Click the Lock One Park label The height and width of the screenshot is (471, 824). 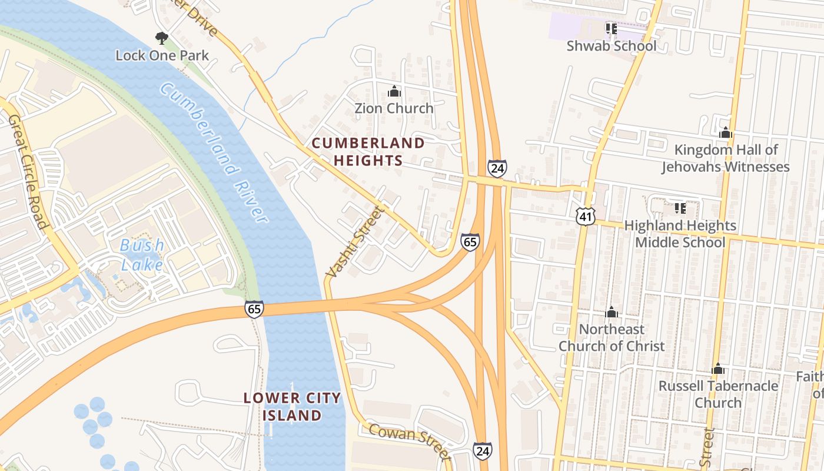click(162, 56)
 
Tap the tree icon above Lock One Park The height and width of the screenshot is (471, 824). click(161, 39)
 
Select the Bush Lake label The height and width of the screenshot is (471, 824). click(142, 255)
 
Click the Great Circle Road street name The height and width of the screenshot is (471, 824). click(28, 171)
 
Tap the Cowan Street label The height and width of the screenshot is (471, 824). click(410, 441)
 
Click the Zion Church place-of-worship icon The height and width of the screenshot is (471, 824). click(394, 92)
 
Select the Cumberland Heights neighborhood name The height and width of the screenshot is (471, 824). click(368, 152)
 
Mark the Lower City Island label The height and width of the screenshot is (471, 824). click(292, 407)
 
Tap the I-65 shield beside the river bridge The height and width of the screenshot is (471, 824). click(254, 309)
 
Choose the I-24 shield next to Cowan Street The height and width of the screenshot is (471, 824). click(482, 452)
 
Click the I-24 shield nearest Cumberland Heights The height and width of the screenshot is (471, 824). click(497, 168)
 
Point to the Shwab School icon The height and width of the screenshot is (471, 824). click(611, 28)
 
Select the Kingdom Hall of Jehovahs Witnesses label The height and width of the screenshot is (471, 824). click(725, 158)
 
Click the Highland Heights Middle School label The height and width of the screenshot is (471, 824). click(680, 234)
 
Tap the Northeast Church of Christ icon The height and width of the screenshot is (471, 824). click(612, 312)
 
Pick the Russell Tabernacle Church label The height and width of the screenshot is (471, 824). click(717, 394)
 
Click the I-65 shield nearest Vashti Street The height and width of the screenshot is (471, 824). click(470, 242)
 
